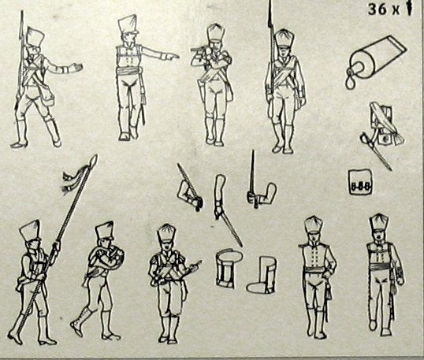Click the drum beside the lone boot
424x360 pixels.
tap(225, 268)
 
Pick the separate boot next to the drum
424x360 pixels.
tap(262, 275)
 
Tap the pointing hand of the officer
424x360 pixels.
tap(173, 57)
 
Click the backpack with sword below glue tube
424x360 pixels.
tap(381, 132)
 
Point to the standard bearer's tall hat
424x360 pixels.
tap(30, 230)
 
